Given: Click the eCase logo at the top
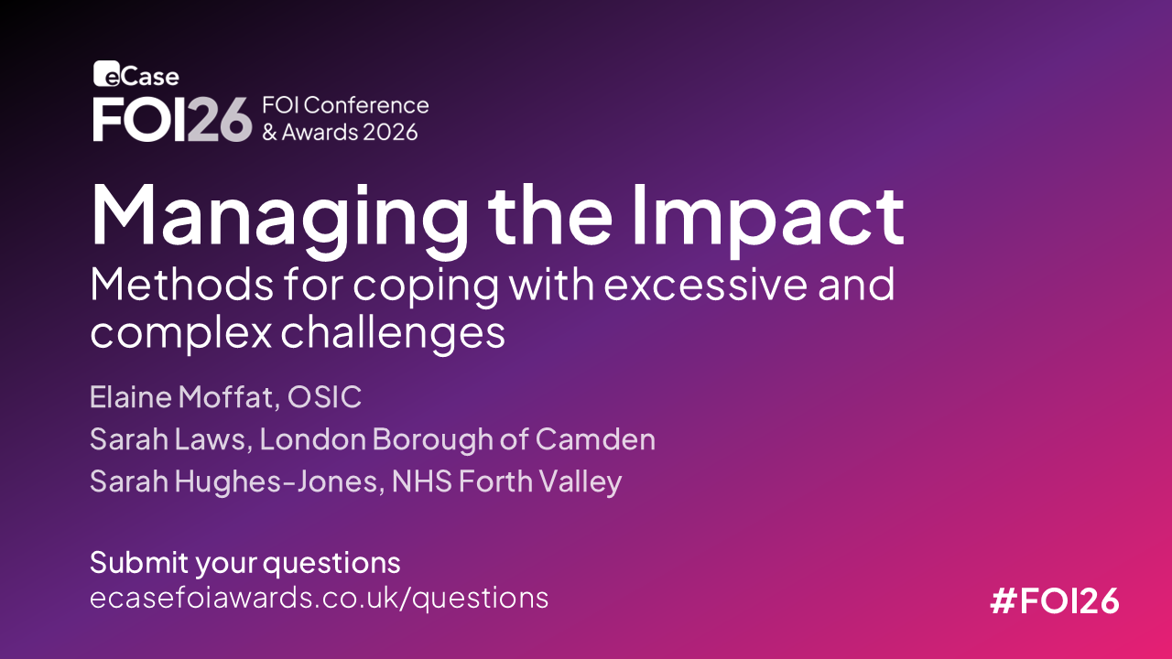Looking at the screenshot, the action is pyautogui.click(x=136, y=74).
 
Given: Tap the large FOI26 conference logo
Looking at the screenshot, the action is pyautogui.click(x=172, y=119).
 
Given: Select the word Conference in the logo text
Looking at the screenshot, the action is pyautogui.click(x=366, y=105).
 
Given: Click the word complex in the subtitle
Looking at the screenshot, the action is pyautogui.click(x=181, y=333).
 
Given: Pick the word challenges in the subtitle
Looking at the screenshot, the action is pyautogui.click(x=393, y=333).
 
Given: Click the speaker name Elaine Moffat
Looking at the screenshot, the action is pyautogui.click(x=181, y=397).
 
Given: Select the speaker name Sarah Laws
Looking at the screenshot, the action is pyautogui.click(x=168, y=438).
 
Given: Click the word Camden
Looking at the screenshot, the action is pyautogui.click(x=595, y=438).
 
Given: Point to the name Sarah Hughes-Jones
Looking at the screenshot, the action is pyautogui.click(x=233, y=481).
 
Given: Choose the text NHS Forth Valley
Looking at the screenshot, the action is pyautogui.click(x=506, y=481).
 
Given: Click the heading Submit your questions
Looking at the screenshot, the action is pyautogui.click(x=245, y=563).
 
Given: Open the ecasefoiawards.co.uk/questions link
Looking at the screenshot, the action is pyautogui.click(x=320, y=598).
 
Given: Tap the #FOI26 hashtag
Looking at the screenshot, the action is pyautogui.click(x=1055, y=600).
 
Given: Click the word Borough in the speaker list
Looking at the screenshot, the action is pyautogui.click(x=432, y=439).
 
